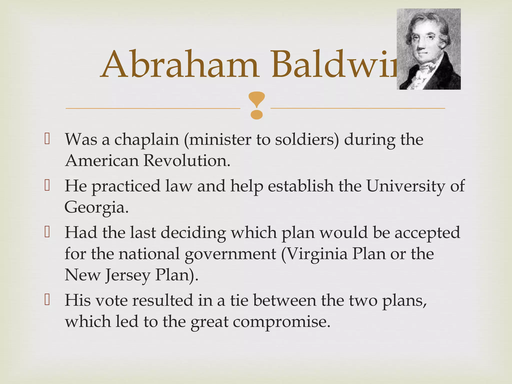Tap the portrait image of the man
point(428,49)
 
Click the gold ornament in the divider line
point(256,105)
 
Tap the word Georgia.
point(96,207)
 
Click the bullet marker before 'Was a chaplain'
point(47,139)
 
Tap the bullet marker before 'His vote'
point(47,300)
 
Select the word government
point(230,254)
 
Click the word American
point(102,160)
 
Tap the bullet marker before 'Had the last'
point(47,232)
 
